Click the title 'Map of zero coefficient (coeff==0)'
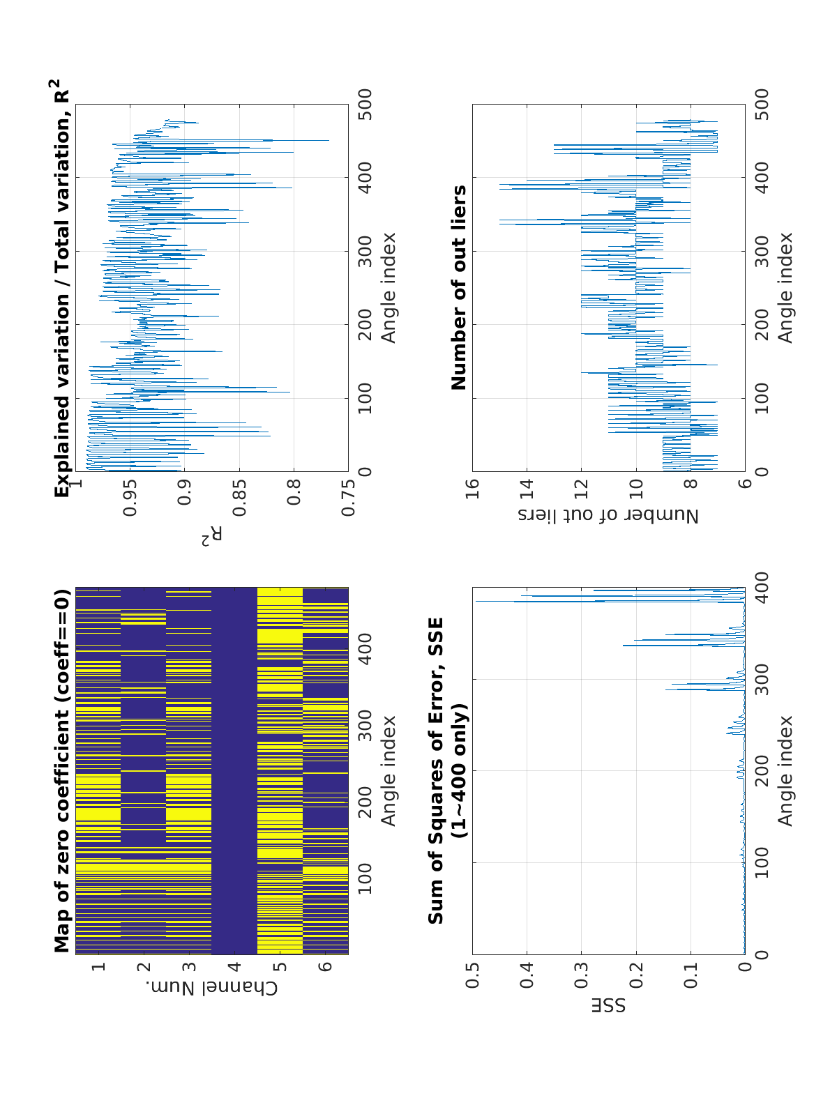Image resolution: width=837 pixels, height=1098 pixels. coord(63,770)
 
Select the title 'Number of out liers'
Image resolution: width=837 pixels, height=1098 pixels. coord(459,287)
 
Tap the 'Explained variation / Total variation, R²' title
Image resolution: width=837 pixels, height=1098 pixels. coord(63,287)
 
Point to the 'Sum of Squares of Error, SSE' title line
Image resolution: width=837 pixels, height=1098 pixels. coord(436,770)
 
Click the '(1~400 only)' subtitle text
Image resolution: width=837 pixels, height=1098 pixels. coord(459,770)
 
